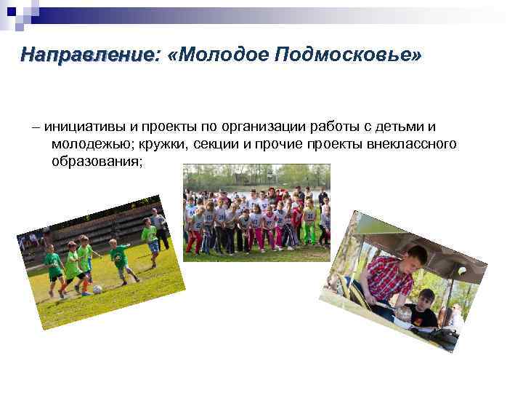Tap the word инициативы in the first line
[x=79, y=126]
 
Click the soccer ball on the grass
[x=97, y=289]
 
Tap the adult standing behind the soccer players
[x=159, y=226]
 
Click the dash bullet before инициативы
[x=36, y=126]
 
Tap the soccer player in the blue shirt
[x=152, y=239]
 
